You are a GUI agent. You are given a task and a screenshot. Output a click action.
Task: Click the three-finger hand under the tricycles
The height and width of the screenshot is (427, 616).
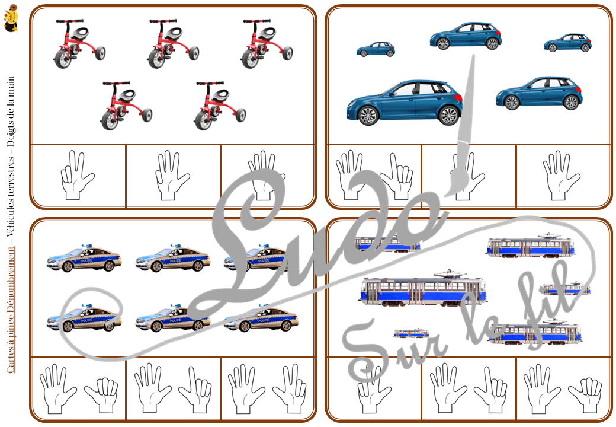(x=78, y=176)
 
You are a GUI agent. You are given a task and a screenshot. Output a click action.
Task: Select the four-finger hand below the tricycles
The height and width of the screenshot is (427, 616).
(x=268, y=176)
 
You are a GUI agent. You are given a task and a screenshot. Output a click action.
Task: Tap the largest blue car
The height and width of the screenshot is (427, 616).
(x=405, y=102)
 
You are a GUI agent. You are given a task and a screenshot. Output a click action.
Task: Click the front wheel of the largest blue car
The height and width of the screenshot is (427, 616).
(x=368, y=115)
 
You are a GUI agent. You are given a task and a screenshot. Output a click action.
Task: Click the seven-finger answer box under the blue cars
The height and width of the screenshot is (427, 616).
(x=374, y=176)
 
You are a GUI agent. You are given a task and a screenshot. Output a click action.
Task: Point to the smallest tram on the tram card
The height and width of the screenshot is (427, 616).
(x=411, y=333)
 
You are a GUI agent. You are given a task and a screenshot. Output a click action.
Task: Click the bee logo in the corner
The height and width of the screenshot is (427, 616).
(x=10, y=18)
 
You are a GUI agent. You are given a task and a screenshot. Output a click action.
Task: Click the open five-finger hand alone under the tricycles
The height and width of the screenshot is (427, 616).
(x=173, y=176)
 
